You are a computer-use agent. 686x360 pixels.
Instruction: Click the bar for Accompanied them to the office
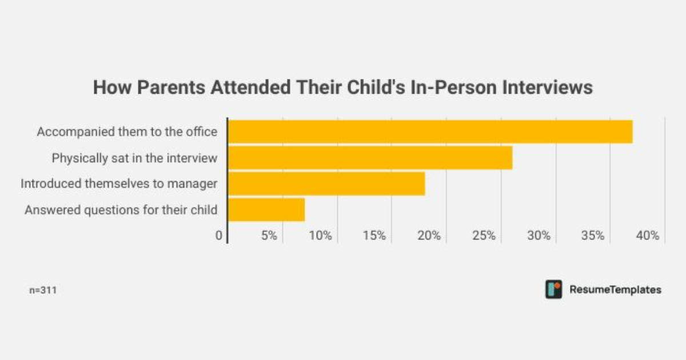click(x=430, y=131)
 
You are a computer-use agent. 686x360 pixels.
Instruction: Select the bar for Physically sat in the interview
click(x=370, y=158)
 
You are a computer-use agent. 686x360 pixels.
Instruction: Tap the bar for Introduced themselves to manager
click(x=326, y=183)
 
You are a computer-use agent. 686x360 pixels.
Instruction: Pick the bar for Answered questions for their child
click(x=266, y=210)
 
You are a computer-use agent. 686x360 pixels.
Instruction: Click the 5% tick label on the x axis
click(x=269, y=235)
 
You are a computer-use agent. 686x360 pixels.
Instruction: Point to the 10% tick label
click(x=321, y=235)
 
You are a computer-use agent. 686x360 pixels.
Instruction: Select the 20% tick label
click(x=429, y=235)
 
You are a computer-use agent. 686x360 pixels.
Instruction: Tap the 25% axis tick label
click(x=484, y=235)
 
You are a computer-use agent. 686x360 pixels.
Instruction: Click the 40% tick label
click(x=648, y=235)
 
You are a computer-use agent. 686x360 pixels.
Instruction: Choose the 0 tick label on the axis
click(x=219, y=235)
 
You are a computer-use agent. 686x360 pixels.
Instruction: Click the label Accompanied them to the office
click(x=127, y=132)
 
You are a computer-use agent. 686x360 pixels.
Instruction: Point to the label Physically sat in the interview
click(x=134, y=158)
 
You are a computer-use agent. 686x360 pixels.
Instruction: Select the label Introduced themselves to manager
click(x=119, y=184)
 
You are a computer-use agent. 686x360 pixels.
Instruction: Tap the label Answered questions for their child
click(x=121, y=210)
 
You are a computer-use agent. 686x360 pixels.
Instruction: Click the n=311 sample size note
click(x=43, y=290)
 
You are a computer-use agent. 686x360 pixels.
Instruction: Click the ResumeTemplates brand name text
click(x=615, y=290)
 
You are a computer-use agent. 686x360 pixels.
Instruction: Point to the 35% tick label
click(x=593, y=235)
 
